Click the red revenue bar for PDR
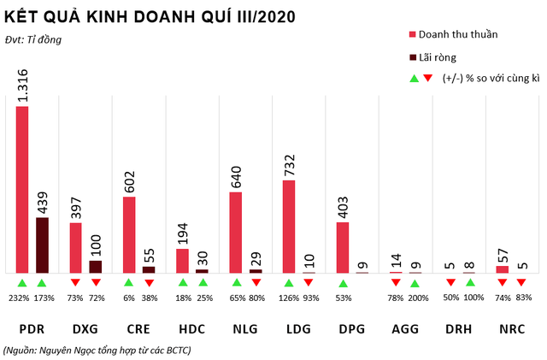pos(22,189)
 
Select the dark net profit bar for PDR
pos(42,245)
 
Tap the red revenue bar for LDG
pos(289,226)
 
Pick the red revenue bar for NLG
pos(236,232)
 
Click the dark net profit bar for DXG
pos(95,266)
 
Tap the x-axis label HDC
pos(192,329)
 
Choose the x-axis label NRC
pos(512,329)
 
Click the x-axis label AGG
pos(405,329)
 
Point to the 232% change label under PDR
pos(21,298)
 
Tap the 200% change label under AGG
pos(416,298)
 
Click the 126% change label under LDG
pos(288,298)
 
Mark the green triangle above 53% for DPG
pos(343,283)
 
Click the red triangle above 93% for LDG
pos(309,283)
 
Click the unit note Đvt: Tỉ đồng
pos(33,38)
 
